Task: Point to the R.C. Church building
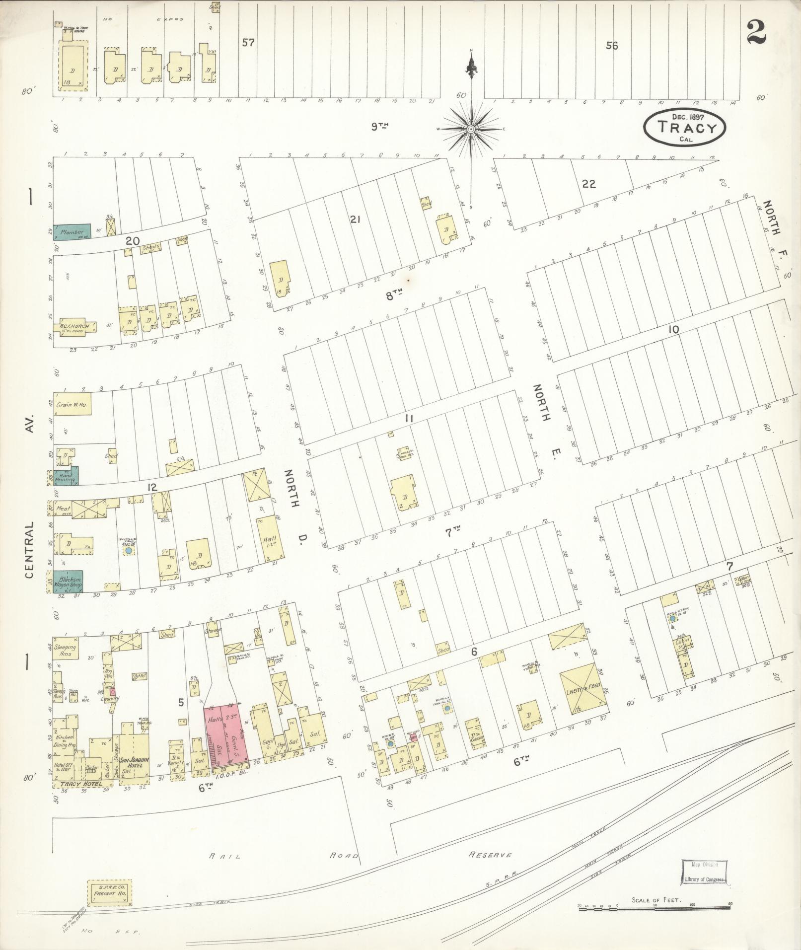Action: (74, 327)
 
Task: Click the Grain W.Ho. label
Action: (72, 405)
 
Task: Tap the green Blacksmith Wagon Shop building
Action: (69, 582)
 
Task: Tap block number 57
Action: (248, 43)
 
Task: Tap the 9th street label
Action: (379, 127)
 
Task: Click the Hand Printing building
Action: (66, 476)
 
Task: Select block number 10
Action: (673, 329)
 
